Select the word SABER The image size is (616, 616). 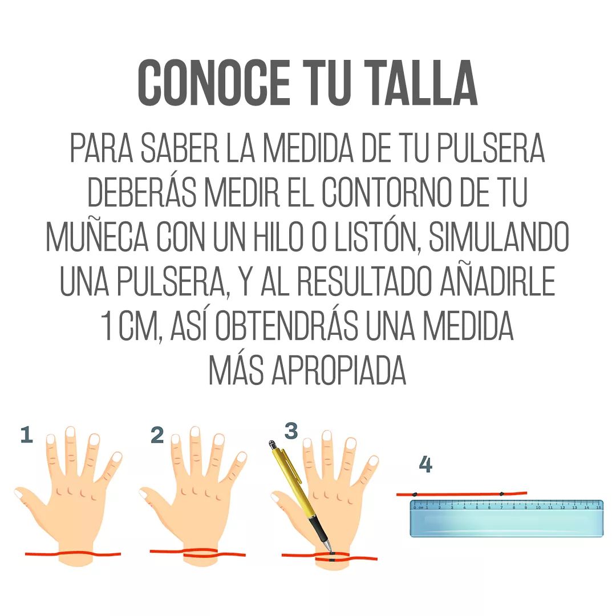click(x=179, y=149)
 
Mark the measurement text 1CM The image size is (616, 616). click(x=125, y=326)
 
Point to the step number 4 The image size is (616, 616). click(x=425, y=465)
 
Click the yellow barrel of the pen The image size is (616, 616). click(x=291, y=479)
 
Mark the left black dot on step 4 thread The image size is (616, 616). click(x=416, y=494)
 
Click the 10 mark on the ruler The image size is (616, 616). click(x=538, y=506)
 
